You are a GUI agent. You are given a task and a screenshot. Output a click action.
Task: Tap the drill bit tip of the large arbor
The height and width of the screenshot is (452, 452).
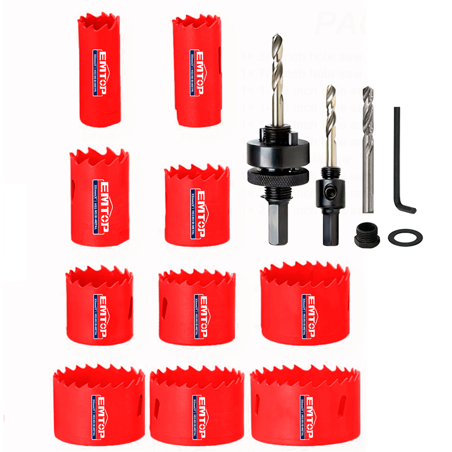click(x=277, y=38)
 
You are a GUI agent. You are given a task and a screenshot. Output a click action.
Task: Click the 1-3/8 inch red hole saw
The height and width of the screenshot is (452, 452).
click(x=197, y=207)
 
